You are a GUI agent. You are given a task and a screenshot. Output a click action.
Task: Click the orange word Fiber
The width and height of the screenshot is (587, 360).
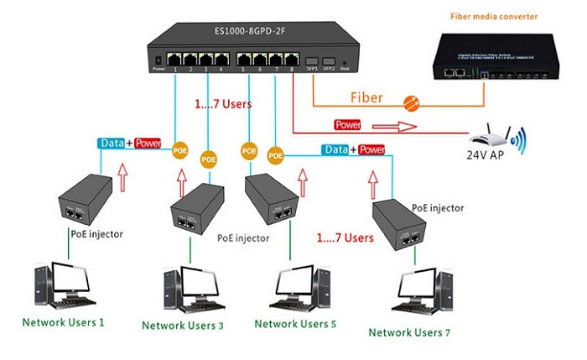pos(366,97)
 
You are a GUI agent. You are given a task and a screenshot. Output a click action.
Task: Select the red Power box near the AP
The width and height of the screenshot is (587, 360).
pos(348,124)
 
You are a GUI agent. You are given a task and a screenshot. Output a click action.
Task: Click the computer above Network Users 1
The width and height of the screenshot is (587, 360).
pos(64,286)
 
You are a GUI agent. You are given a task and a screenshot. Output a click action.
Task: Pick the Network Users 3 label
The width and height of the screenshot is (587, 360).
pos(182,326)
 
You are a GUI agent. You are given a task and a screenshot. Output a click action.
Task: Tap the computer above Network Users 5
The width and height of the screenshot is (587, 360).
pos(293,288)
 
